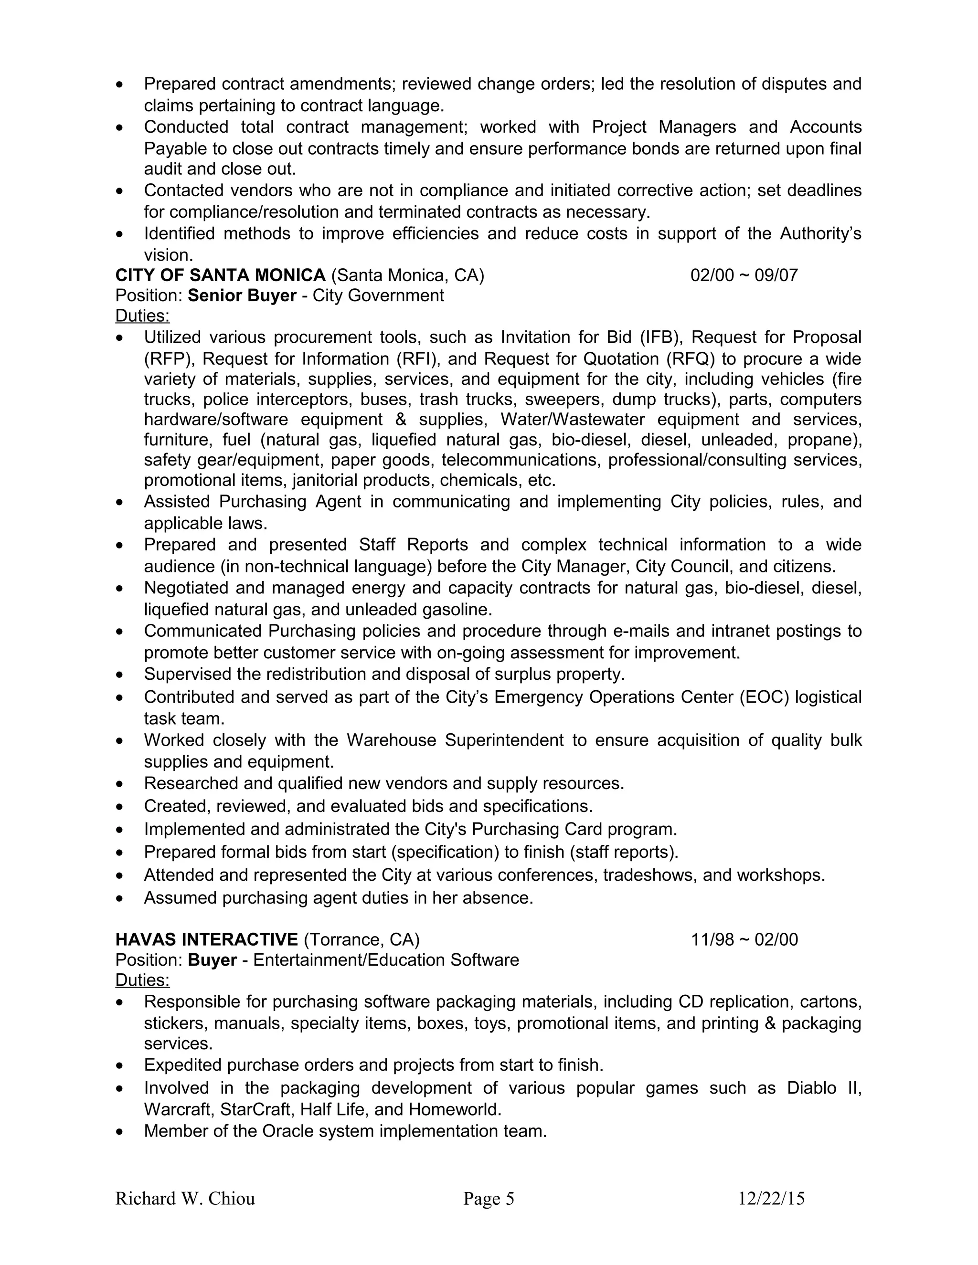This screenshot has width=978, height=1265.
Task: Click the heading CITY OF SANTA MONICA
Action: [220, 275]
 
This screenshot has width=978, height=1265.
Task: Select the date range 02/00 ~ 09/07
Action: [744, 275]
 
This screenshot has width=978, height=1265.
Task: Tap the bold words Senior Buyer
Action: [242, 295]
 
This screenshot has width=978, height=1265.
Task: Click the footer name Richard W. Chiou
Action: [185, 1198]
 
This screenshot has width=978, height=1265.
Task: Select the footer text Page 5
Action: [489, 1198]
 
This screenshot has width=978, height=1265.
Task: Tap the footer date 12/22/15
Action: [771, 1198]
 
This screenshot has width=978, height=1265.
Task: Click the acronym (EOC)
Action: [764, 697]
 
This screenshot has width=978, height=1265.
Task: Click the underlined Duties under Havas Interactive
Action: [142, 980]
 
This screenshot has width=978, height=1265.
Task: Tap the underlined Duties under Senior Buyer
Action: [142, 316]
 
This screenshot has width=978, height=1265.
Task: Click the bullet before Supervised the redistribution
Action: [119, 675]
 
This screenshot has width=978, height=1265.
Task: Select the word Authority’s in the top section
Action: [820, 233]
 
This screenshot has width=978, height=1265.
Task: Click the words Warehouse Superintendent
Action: [455, 740]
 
